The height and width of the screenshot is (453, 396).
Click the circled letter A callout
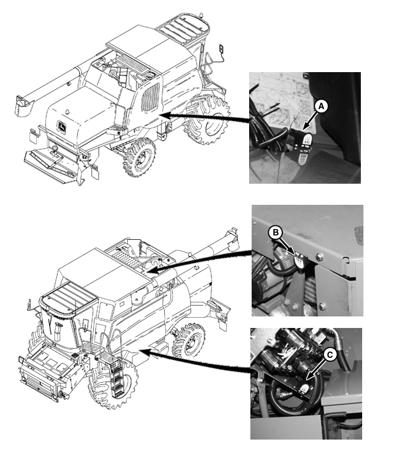(321, 107)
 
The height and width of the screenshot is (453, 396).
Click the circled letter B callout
(276, 233)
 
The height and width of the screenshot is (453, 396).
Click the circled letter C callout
(330, 355)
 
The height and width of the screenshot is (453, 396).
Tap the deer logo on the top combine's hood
(62, 127)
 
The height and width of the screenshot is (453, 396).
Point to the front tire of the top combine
(139, 158)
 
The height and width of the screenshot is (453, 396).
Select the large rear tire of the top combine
(206, 119)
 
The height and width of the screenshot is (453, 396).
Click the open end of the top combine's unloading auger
(22, 105)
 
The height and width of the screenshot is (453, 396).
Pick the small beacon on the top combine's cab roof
(68, 111)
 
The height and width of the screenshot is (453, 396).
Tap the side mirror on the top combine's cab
(222, 49)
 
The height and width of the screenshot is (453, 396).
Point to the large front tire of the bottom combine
(113, 384)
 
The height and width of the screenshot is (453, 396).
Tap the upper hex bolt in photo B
(319, 256)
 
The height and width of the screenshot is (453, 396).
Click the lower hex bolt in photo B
(322, 306)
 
